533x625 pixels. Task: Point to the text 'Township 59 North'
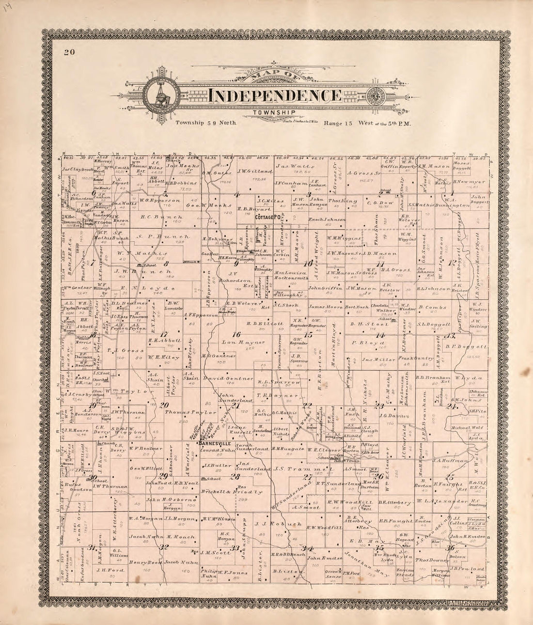point(206,123)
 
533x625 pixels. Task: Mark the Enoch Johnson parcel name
point(327,219)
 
